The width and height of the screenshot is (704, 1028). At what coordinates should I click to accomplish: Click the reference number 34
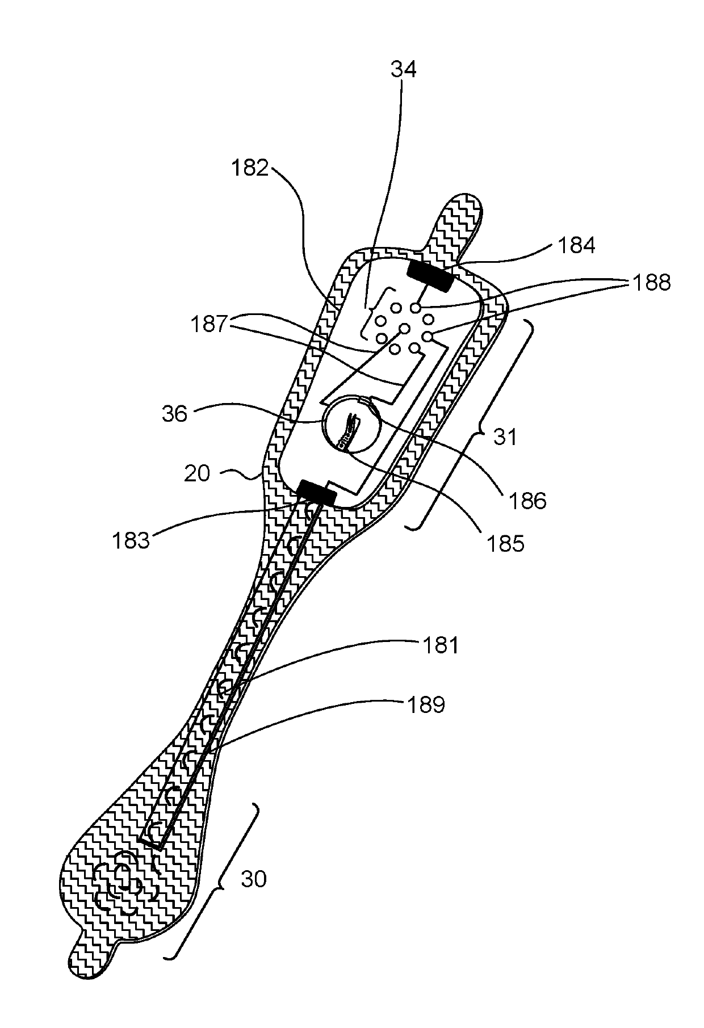coord(404,69)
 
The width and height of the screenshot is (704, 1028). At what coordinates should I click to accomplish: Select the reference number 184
coord(577,246)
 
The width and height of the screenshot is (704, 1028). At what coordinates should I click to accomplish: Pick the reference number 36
coord(175,414)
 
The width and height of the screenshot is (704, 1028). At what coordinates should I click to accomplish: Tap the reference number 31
coord(505,437)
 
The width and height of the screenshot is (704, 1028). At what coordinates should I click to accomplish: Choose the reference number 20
coord(197,473)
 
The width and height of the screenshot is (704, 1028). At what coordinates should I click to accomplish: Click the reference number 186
coord(528,500)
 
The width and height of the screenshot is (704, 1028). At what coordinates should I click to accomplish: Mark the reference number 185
coord(506,543)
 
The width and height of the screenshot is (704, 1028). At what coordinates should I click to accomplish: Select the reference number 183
coord(131,540)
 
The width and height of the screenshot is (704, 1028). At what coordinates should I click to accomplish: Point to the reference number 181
coord(441,645)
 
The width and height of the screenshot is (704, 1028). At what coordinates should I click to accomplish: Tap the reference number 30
coord(253,879)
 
